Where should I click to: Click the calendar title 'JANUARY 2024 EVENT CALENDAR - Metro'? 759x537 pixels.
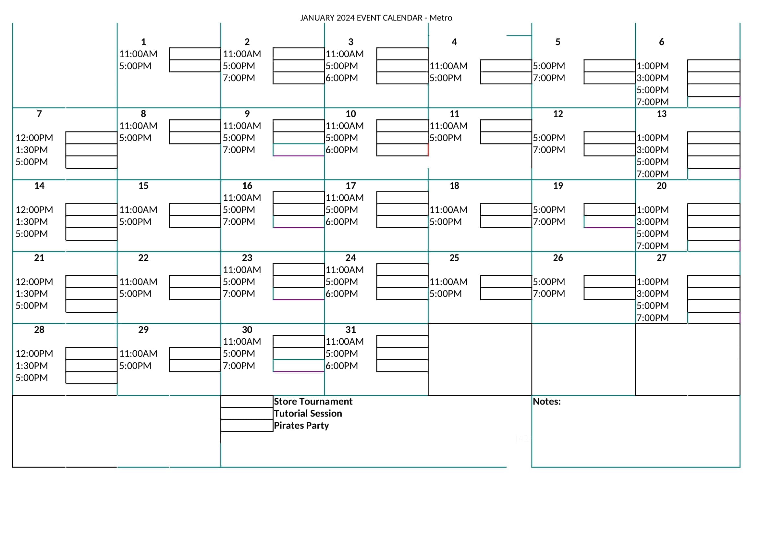[x=376, y=18]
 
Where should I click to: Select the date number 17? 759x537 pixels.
[x=350, y=186]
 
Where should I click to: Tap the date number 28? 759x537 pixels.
[x=39, y=330]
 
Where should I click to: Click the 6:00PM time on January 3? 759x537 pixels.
[x=341, y=78]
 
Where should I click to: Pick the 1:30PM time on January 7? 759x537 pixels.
[x=32, y=150]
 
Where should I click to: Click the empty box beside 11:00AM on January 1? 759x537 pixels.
[x=195, y=54]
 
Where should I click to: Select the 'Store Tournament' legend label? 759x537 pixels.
[x=313, y=401]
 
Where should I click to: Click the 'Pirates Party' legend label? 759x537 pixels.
[x=301, y=426]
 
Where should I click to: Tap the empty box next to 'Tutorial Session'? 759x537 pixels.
[x=247, y=413]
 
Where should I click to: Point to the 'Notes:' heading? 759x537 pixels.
[x=546, y=401]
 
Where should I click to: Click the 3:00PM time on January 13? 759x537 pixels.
[x=652, y=150]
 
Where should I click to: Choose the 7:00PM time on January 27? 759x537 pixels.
[x=652, y=318]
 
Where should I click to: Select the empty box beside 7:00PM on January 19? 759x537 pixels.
[x=609, y=222]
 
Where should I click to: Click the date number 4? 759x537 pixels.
[x=454, y=42]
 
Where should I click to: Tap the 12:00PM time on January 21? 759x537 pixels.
[x=34, y=282]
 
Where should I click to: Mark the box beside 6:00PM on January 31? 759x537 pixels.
[x=402, y=366]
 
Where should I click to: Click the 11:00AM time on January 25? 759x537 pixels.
[x=448, y=282]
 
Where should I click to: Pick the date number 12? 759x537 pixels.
[x=558, y=114]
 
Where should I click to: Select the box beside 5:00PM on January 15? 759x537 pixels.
[x=195, y=222]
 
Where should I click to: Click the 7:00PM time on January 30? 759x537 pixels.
[x=239, y=366]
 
